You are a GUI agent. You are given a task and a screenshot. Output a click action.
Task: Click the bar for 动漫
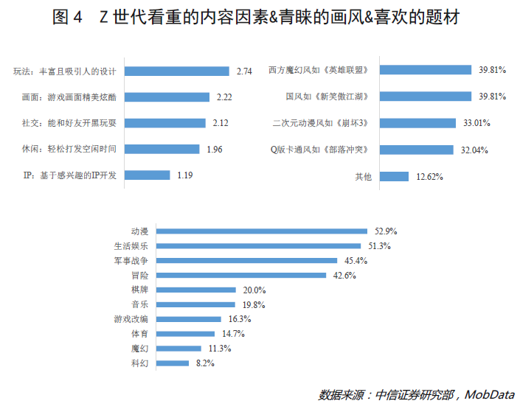pyautogui.click(x=262, y=231)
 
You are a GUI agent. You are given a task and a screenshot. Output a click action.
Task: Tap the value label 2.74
pyautogui.click(x=244, y=71)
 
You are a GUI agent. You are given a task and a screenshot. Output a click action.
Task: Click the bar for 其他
pyautogui.click(x=399, y=176)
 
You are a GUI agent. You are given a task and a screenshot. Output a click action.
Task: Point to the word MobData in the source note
pyautogui.click(x=490, y=394)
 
